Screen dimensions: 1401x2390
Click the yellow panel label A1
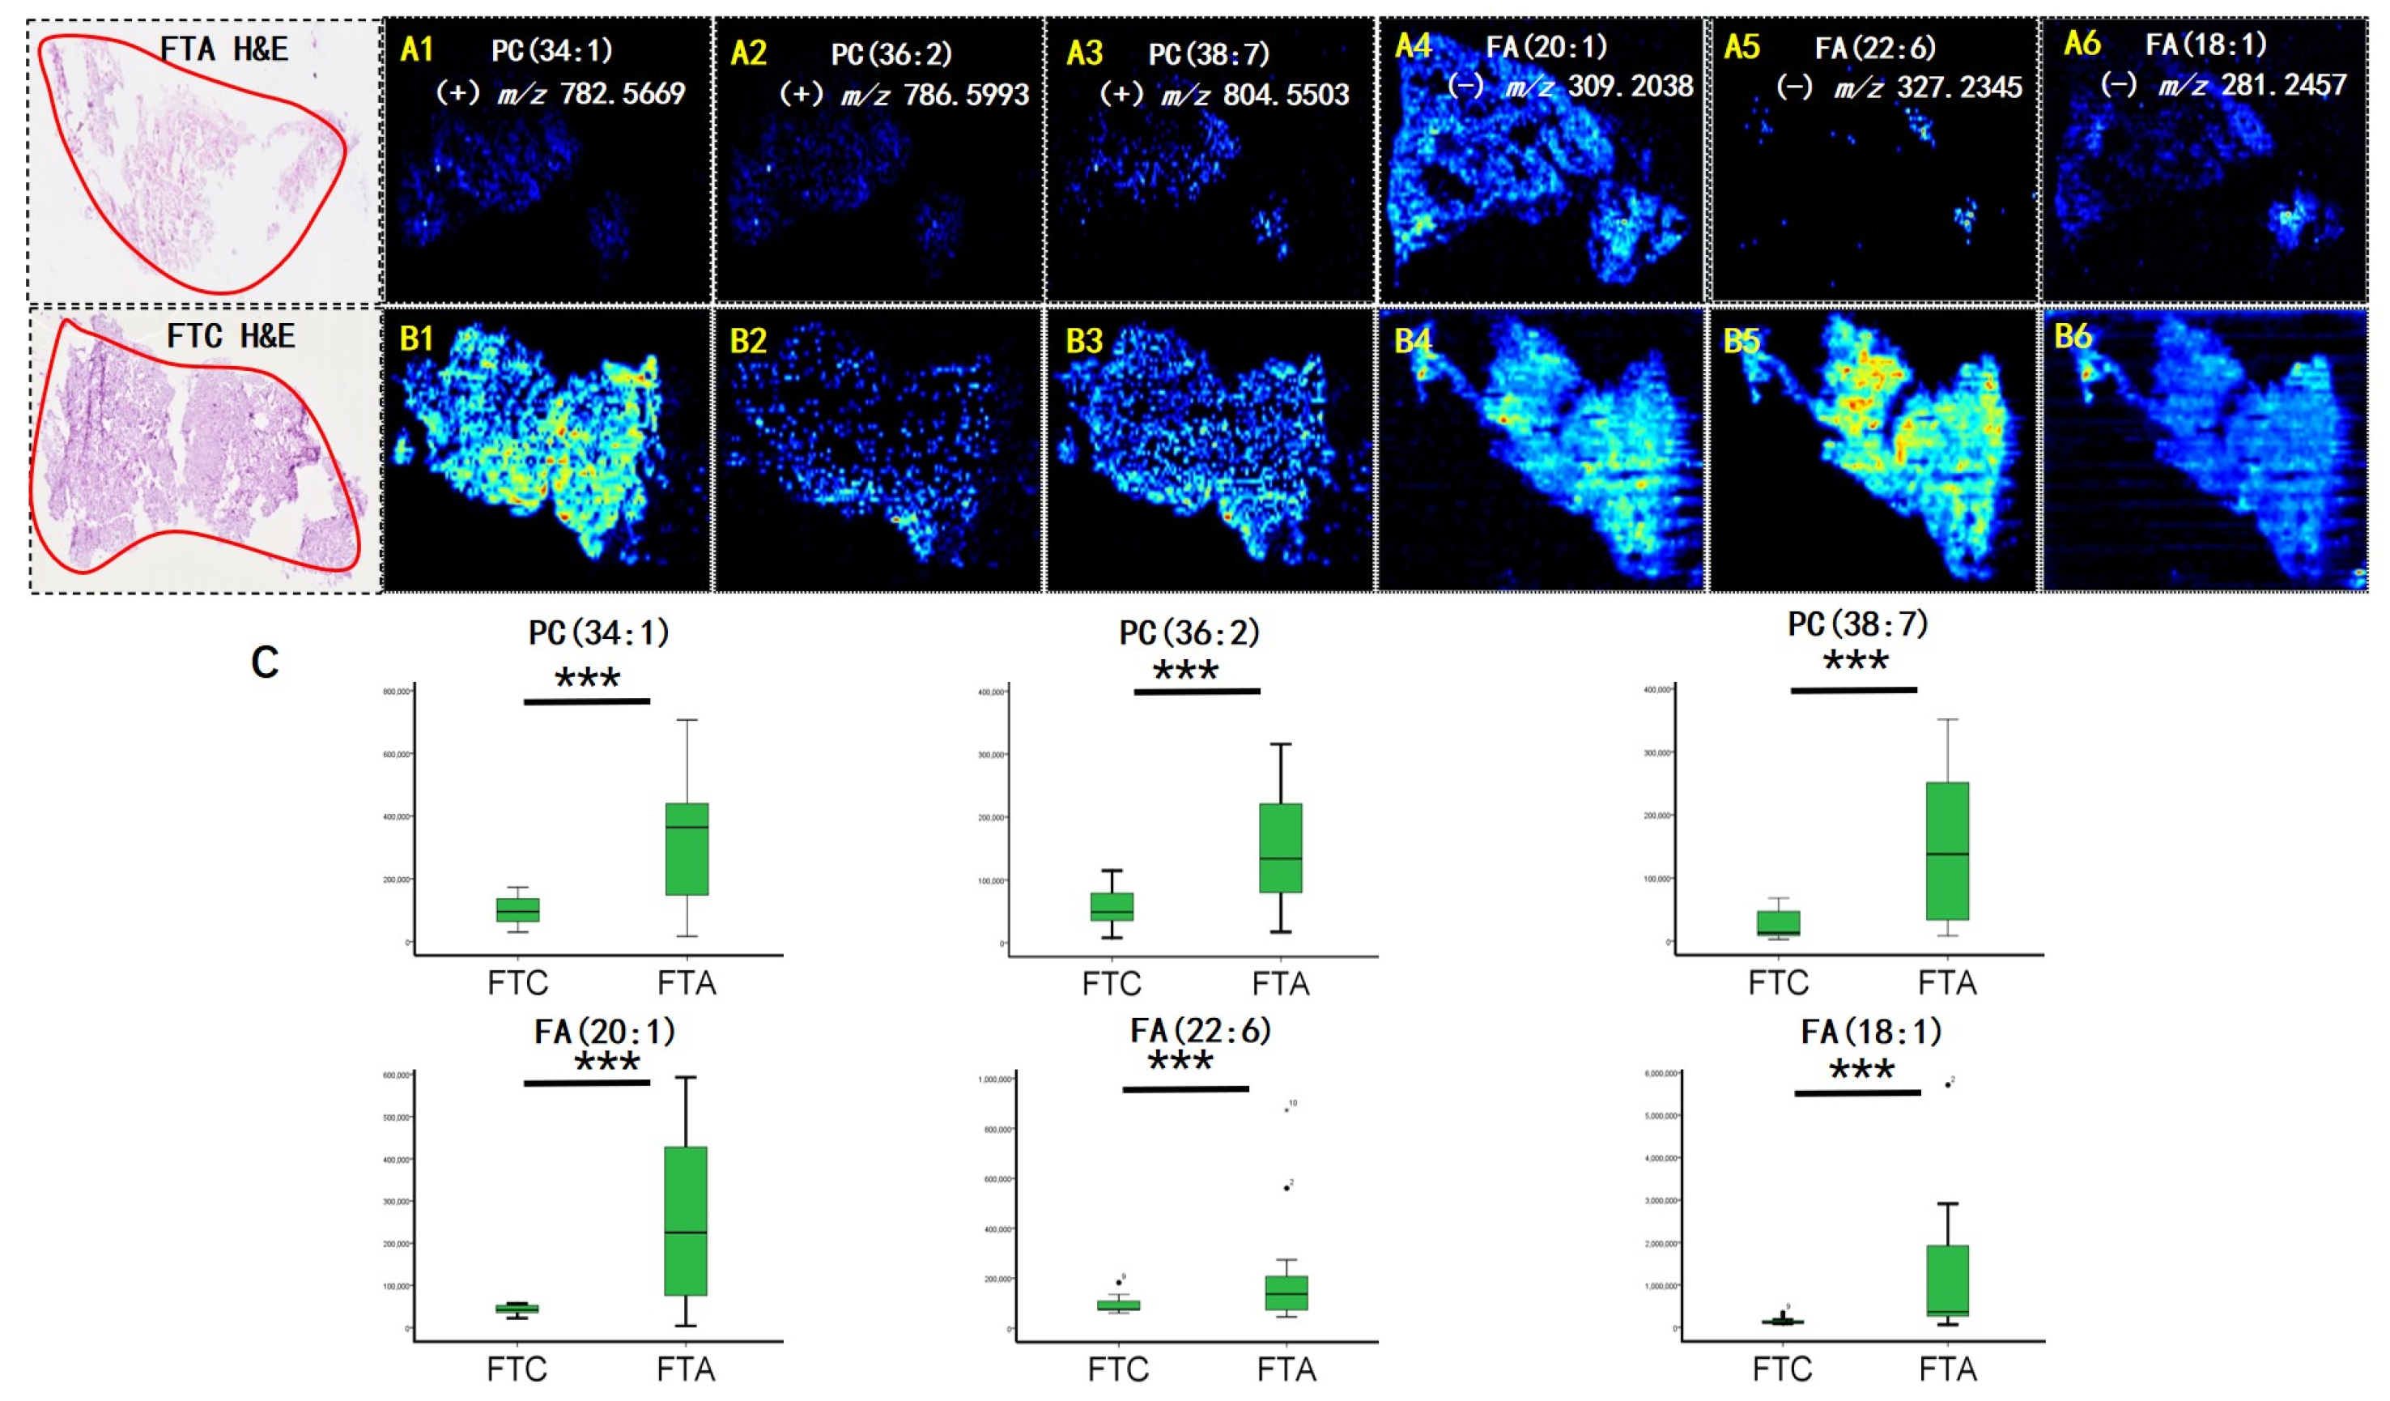(x=416, y=49)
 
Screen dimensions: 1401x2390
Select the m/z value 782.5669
(x=621, y=93)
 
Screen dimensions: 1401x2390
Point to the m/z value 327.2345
(x=1959, y=87)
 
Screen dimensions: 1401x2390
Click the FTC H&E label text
(x=231, y=336)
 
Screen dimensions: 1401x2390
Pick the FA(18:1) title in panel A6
(x=2206, y=44)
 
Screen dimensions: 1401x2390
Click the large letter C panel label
(x=265, y=663)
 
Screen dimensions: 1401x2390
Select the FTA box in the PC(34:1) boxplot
(x=687, y=849)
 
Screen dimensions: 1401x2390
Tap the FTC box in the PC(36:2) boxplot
(x=1112, y=906)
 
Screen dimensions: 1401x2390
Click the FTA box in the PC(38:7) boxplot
(x=1947, y=851)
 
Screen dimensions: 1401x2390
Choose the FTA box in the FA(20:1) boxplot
(x=685, y=1220)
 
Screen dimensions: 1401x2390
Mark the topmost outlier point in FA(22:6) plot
(x=1287, y=1109)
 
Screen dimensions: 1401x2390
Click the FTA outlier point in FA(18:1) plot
(x=1948, y=1084)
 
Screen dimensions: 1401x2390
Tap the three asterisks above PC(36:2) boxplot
(x=1185, y=671)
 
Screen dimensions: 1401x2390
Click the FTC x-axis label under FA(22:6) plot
(x=1118, y=1369)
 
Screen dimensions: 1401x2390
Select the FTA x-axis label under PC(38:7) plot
(x=1947, y=982)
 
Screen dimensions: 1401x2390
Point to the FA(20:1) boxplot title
(x=604, y=1031)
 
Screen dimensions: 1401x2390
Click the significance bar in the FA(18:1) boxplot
(x=1857, y=1092)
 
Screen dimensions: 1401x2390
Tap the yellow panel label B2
(x=747, y=340)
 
